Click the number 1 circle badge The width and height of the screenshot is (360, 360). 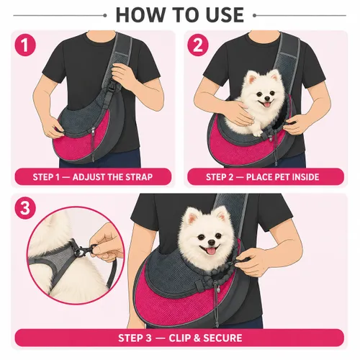point(25,45)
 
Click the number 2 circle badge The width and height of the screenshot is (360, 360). point(198,45)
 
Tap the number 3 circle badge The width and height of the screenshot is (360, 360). point(25,208)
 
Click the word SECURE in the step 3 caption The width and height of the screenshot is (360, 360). point(222,338)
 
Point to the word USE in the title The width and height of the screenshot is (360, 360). point(225,15)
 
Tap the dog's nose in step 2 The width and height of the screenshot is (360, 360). point(267,98)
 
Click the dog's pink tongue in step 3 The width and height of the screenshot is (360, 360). point(211,251)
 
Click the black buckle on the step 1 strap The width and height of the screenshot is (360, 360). point(112,86)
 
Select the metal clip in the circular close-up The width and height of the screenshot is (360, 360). point(83,250)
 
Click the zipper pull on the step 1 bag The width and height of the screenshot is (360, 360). point(93,131)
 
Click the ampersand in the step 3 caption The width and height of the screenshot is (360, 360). point(197,338)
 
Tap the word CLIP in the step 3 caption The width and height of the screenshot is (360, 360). point(180,338)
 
